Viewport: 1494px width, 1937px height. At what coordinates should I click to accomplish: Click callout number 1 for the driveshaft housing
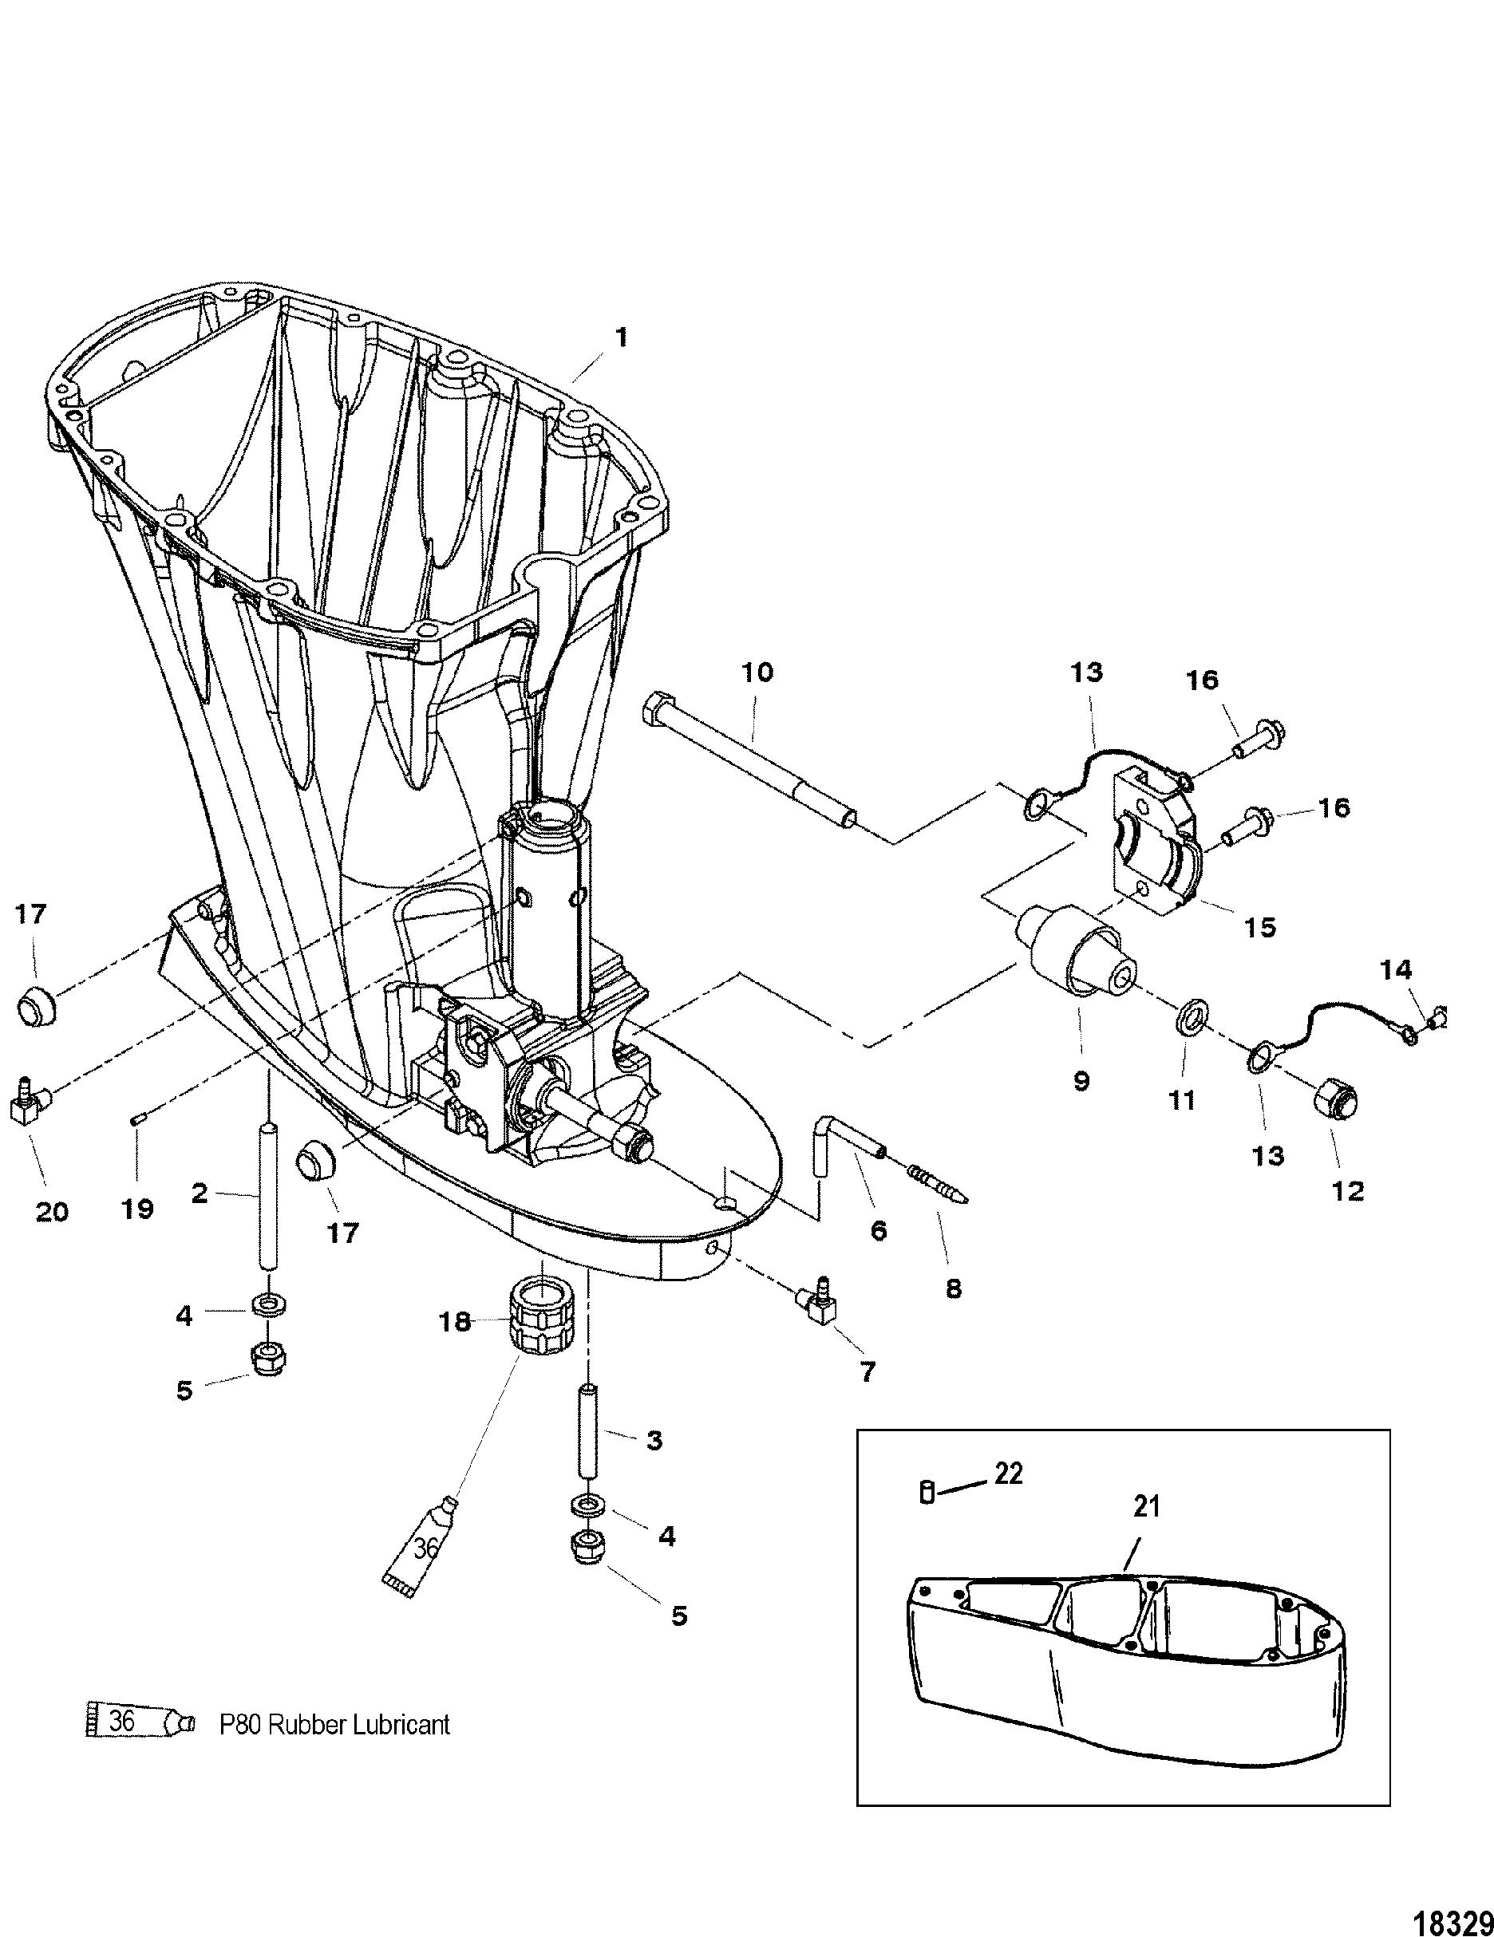(x=621, y=338)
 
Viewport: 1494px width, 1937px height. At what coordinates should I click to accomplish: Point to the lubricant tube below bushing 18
(x=420, y=1548)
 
